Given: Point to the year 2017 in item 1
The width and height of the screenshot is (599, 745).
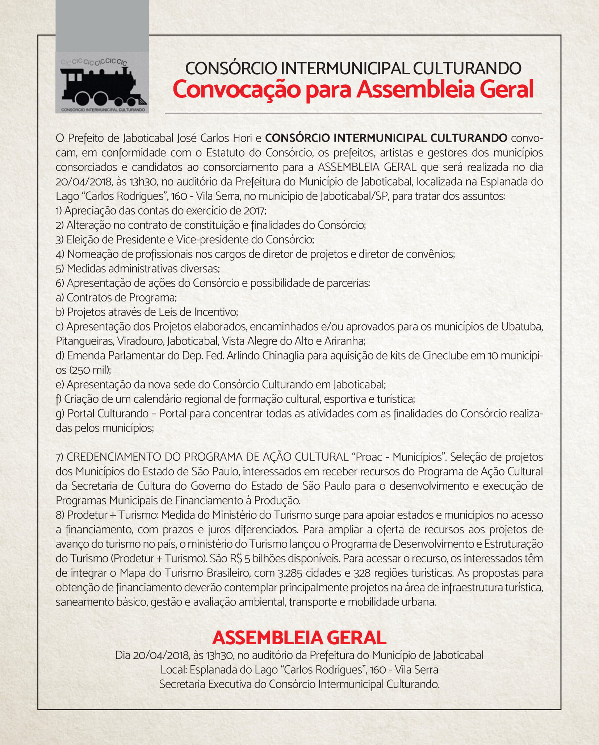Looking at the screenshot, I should tap(254, 211).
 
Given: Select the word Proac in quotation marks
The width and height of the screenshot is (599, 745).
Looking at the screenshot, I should tap(369, 457).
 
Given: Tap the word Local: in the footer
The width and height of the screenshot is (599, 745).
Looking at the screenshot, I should tap(174, 670).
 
